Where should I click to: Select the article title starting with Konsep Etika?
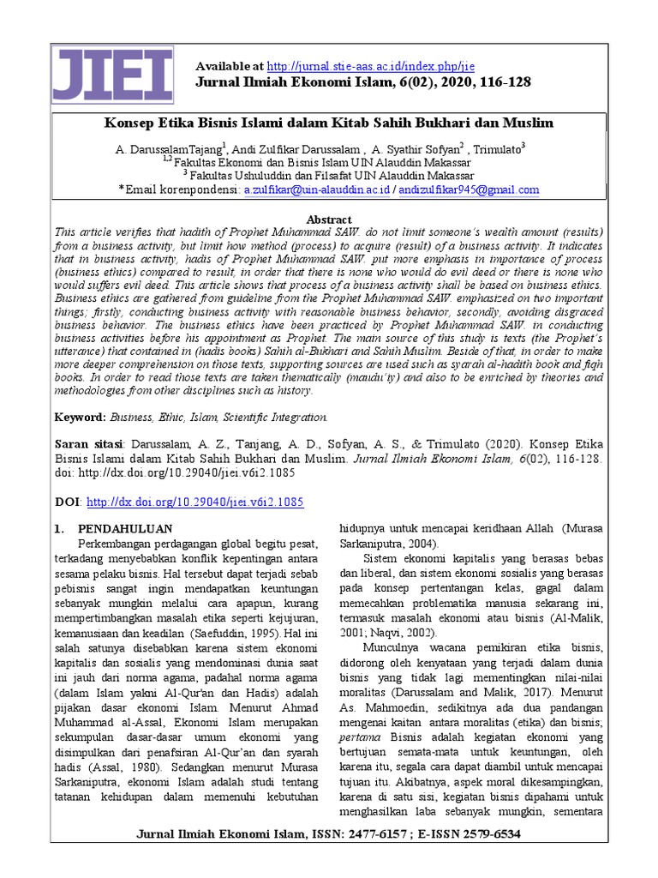point(329,123)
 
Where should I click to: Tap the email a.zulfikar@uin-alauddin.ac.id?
point(316,189)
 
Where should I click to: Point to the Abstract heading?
point(328,219)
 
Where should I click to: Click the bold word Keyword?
point(79,417)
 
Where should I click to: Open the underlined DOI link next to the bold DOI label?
point(195,502)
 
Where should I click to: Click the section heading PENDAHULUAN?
point(125,528)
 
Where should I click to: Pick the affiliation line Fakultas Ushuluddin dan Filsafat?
point(332,175)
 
